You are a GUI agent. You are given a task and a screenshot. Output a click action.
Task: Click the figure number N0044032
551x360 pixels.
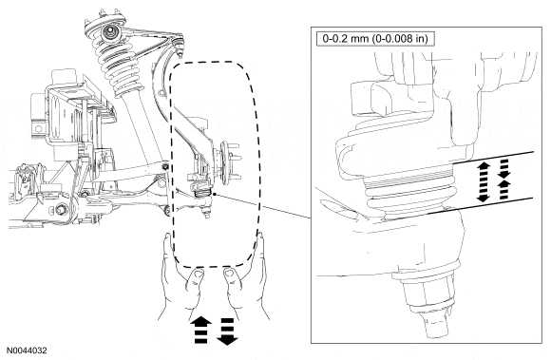click(28, 351)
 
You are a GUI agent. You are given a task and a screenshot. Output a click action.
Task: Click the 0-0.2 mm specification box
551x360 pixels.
click(375, 39)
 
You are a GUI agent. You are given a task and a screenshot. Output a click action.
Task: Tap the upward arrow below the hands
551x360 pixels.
click(200, 330)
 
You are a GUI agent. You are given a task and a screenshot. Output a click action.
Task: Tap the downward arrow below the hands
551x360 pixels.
click(227, 332)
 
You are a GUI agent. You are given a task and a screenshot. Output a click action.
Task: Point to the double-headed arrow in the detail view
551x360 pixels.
click(484, 181)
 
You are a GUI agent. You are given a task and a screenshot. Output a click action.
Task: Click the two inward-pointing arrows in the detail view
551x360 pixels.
click(504, 180)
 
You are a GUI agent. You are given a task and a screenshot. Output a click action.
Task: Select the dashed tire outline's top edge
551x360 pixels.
click(212, 62)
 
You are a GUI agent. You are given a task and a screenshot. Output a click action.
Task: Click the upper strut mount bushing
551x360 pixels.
click(109, 33)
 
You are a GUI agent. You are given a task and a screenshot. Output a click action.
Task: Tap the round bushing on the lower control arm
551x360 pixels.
click(61, 210)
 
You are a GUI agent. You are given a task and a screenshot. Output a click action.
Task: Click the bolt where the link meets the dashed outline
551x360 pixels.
click(165, 166)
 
